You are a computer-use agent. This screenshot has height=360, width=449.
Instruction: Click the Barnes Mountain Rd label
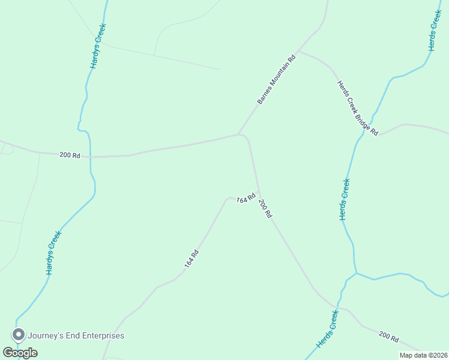(x=277, y=80)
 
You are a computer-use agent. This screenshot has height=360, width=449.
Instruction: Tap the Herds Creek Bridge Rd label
(x=357, y=107)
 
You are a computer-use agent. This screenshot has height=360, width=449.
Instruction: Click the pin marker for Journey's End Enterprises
(x=19, y=334)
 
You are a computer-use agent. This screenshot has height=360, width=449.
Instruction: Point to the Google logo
(x=20, y=352)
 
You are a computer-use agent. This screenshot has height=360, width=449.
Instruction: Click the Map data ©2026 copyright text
(x=423, y=355)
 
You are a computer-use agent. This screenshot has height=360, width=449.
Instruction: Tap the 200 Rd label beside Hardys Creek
(x=70, y=155)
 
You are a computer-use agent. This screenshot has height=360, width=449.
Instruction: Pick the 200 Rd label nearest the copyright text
(x=388, y=337)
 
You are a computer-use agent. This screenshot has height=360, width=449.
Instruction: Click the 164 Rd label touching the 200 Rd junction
(x=246, y=199)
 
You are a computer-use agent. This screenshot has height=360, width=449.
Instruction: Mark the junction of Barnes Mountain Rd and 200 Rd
(x=240, y=134)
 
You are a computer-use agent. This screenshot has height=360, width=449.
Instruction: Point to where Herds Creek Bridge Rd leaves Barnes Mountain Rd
(x=298, y=51)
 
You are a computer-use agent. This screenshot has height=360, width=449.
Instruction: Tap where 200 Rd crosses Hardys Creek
(x=90, y=157)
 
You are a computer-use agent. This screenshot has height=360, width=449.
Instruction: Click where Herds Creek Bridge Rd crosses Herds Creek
(x=363, y=134)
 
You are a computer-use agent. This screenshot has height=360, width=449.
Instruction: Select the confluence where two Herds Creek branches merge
(x=356, y=274)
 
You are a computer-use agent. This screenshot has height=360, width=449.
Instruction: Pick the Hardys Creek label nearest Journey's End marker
(x=54, y=253)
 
